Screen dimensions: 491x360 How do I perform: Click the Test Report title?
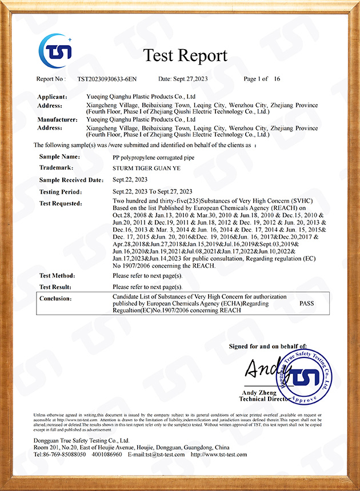point(185,55)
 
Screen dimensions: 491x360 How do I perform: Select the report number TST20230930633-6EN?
point(107,79)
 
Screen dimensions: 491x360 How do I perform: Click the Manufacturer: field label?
point(57,119)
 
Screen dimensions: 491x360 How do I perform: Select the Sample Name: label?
point(59,156)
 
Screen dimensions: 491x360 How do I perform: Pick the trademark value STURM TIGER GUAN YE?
point(146,168)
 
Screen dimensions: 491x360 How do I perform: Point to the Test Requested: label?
point(61,203)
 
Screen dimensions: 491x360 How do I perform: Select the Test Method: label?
point(57,275)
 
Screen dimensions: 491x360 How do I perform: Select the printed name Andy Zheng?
point(259,393)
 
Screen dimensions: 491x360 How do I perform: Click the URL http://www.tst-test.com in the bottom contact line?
point(219,454)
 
